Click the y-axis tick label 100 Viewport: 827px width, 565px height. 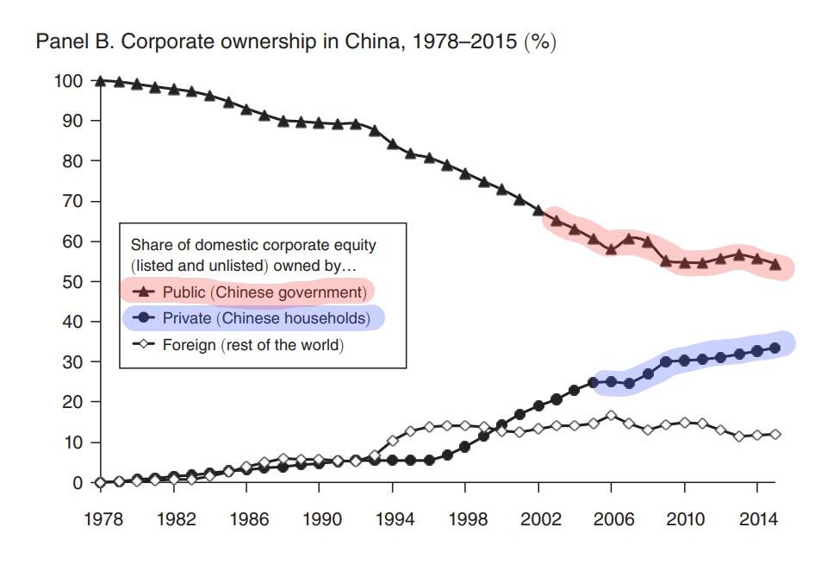pyautogui.click(x=69, y=81)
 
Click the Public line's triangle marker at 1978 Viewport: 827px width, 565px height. pyautogui.click(x=101, y=81)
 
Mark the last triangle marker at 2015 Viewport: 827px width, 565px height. pyautogui.click(x=775, y=265)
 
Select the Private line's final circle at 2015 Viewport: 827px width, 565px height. pyautogui.click(x=775, y=348)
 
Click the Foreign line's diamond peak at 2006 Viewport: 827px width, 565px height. pyautogui.click(x=611, y=415)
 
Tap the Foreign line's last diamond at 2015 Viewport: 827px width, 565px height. pyautogui.click(x=775, y=434)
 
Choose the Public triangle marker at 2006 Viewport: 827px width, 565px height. pyautogui.click(x=611, y=249)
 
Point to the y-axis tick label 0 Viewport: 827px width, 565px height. pyautogui.click(x=78, y=483)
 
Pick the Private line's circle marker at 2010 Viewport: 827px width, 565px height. pyautogui.click(x=684, y=361)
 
